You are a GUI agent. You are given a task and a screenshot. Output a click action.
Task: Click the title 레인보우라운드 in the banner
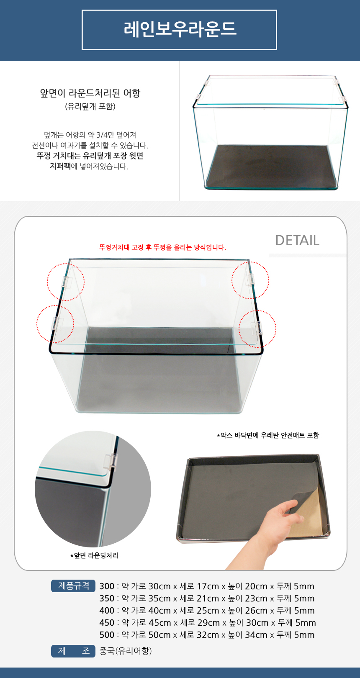(x=180, y=29)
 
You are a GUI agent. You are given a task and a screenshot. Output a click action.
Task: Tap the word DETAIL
(x=297, y=240)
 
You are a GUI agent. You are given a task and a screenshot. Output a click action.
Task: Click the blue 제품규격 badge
(x=73, y=586)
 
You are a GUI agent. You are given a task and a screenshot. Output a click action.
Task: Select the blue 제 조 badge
(x=73, y=651)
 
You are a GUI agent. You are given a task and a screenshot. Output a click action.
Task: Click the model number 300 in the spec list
(x=107, y=586)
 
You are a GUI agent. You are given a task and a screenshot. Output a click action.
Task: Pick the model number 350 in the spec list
(x=107, y=598)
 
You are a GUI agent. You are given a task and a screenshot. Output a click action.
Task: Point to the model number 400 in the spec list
(x=107, y=611)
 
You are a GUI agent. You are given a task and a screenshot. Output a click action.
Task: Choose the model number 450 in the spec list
(x=107, y=623)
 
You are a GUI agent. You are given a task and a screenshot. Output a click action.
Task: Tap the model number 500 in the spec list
(x=107, y=635)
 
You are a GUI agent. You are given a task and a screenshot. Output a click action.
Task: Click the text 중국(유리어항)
(x=126, y=651)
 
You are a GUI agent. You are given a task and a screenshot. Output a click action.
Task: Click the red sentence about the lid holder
(x=162, y=247)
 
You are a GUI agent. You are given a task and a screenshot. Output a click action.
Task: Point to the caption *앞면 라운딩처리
(x=94, y=555)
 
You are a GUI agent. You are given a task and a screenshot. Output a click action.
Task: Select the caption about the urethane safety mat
(x=268, y=435)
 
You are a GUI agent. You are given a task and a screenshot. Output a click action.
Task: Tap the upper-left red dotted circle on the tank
(x=66, y=282)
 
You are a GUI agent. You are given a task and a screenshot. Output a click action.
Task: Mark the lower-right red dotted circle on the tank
(x=257, y=329)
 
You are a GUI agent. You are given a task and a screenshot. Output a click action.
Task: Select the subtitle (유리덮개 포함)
(x=90, y=106)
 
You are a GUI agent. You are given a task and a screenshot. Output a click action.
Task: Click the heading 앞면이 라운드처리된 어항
(x=90, y=93)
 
